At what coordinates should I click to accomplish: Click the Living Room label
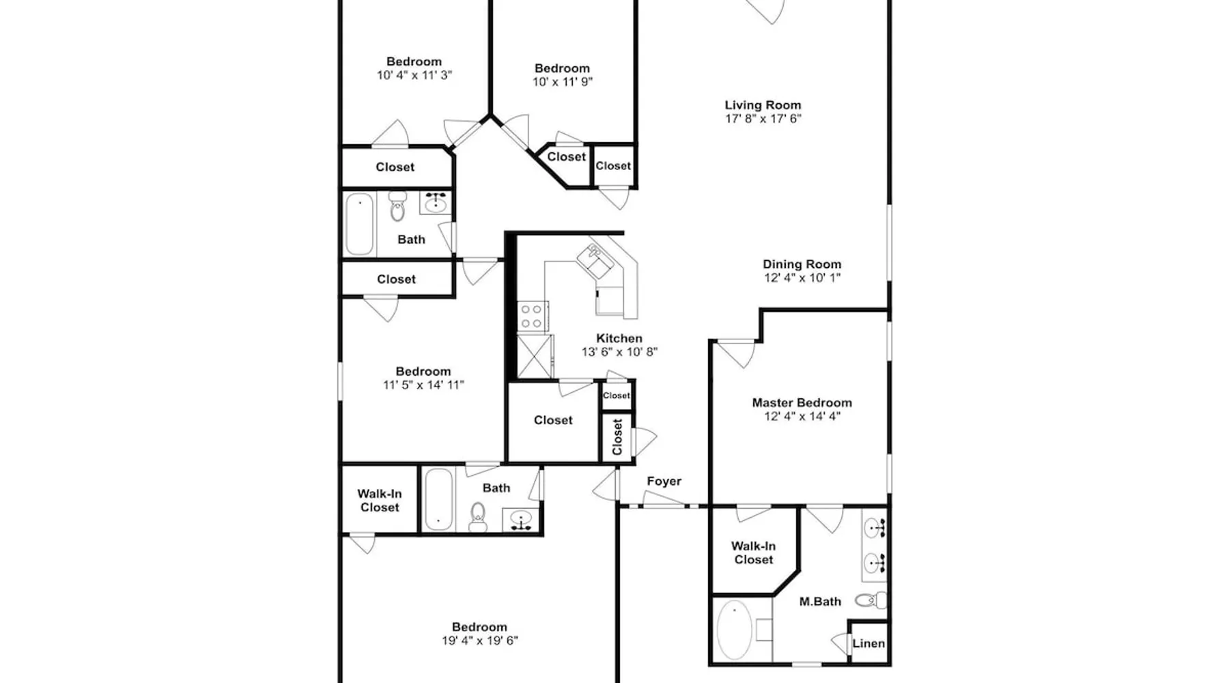pos(763,105)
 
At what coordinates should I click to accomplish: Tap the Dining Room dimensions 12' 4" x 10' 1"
pos(802,278)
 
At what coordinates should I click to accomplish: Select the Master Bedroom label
pos(802,403)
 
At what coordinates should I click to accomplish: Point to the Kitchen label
pos(619,338)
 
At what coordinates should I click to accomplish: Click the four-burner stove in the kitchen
pos(533,317)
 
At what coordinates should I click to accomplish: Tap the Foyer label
pos(664,482)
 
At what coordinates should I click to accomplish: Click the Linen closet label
pos(868,643)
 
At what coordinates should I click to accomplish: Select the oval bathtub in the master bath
pos(734,630)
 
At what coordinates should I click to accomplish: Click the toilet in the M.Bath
pos(871,601)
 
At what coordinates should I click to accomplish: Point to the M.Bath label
pos(820,602)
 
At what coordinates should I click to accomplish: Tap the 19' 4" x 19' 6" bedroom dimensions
pos(480,641)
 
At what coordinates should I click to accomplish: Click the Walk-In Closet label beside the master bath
pos(754,553)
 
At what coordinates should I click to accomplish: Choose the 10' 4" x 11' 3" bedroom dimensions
pos(414,75)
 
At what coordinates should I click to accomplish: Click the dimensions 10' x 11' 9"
pos(563,82)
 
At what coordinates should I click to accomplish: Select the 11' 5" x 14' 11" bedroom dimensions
pos(423,385)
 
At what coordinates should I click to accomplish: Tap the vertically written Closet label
pos(618,437)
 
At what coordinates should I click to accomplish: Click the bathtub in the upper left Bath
pos(359,224)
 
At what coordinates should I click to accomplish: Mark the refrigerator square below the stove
pos(535,356)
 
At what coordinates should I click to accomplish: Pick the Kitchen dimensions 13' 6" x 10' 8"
pos(619,352)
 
